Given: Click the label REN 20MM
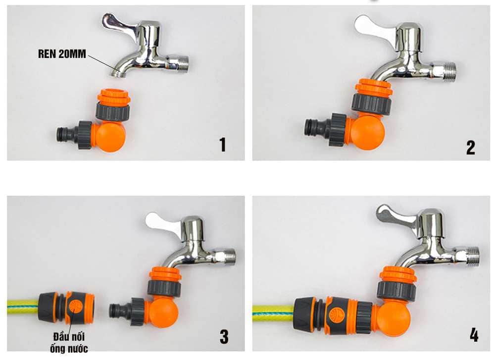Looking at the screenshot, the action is coord(62,54).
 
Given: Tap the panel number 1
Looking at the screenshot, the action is coord(223,144).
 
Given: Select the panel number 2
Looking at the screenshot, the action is coord(470,148).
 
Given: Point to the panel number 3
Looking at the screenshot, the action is coord(224,337).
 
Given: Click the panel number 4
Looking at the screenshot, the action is coord(474,335).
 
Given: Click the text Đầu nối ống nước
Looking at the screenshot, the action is coord(69,342).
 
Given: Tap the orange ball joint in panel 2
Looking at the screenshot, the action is coord(368,132).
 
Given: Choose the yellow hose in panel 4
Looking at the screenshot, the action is coord(273,311).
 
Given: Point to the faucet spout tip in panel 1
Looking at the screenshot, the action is coord(117,73).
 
